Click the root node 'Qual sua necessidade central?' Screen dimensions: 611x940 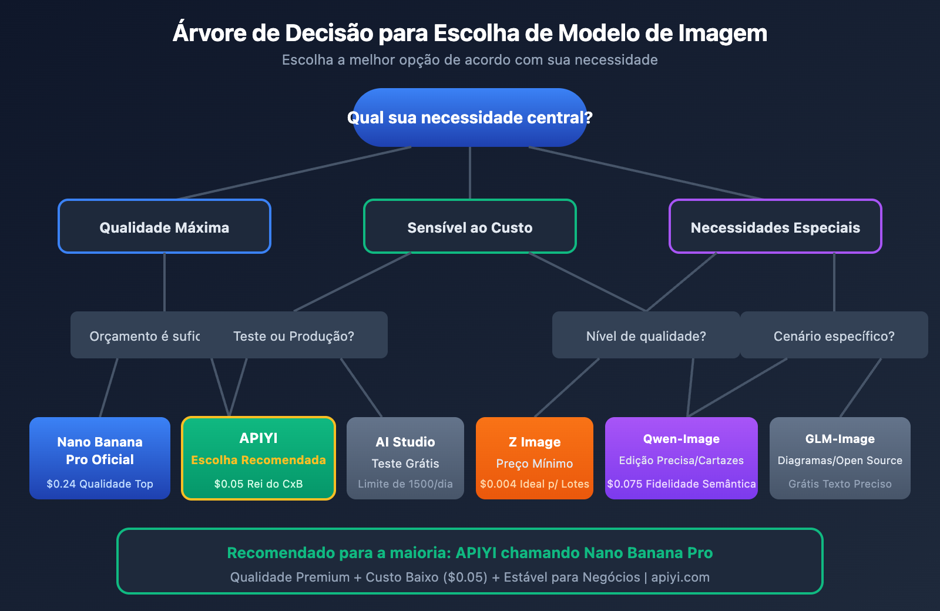pyautogui.click(x=470, y=117)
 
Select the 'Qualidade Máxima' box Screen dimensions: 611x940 pyautogui.click(x=164, y=227)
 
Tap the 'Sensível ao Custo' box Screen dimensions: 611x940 pyautogui.click(x=470, y=227)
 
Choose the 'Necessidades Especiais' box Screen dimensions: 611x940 pyautogui.click(x=775, y=227)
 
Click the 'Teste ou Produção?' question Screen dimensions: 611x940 pyautogui.click(x=294, y=336)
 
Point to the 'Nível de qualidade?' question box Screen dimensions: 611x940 pyautogui.click(x=646, y=336)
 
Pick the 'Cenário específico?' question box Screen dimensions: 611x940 pyautogui.click(x=834, y=336)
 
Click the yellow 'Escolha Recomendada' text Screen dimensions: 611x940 pyautogui.click(x=258, y=460)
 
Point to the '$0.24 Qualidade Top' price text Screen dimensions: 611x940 pyautogui.click(x=100, y=484)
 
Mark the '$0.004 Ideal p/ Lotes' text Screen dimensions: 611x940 pyautogui.click(x=535, y=484)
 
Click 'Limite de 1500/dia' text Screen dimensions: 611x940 pyautogui.click(x=405, y=484)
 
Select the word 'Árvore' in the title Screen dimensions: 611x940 pyautogui.click(x=209, y=33)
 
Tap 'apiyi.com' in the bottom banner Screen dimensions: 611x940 pyautogui.click(x=680, y=578)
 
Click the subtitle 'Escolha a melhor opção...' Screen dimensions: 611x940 pyautogui.click(x=470, y=60)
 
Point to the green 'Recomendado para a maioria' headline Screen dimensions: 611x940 pyautogui.click(x=470, y=553)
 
